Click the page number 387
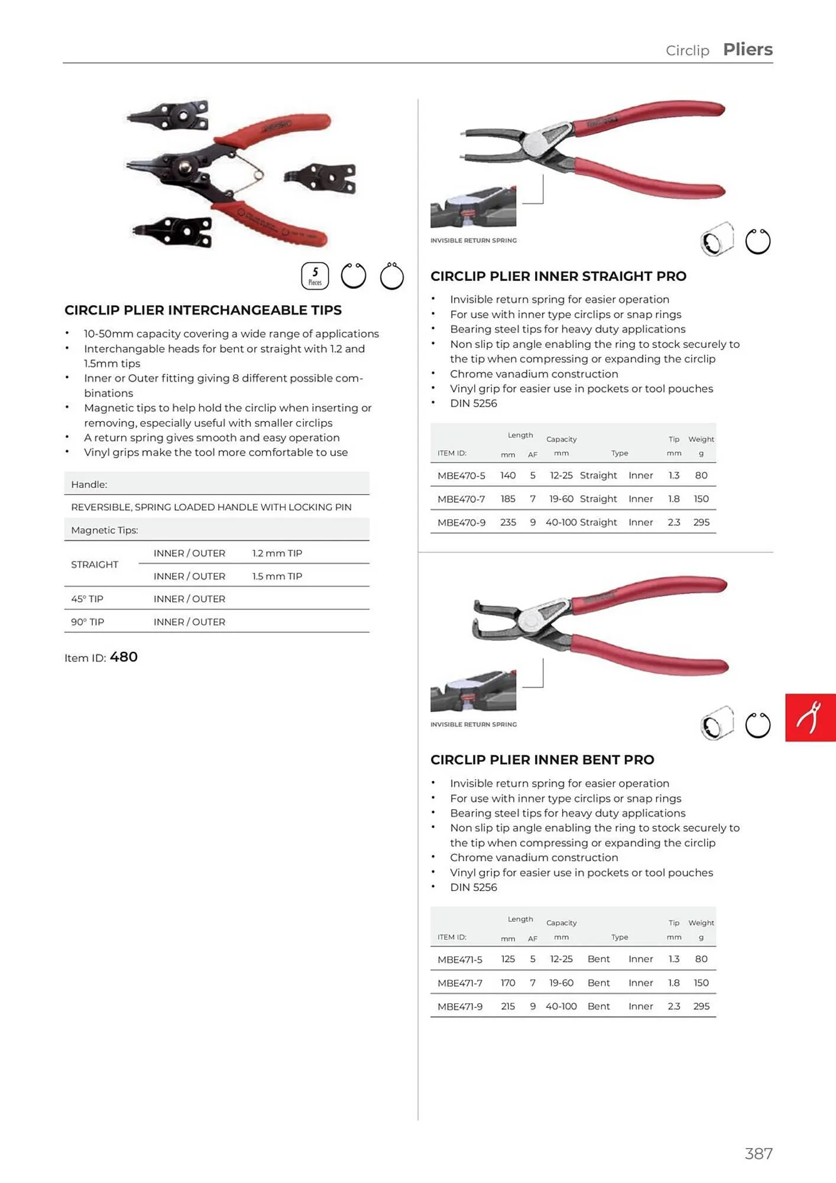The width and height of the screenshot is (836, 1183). [x=759, y=1153]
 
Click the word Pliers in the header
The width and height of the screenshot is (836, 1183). [x=747, y=49]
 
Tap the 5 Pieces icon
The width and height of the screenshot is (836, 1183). [x=315, y=276]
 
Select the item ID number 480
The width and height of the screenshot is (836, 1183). [x=124, y=657]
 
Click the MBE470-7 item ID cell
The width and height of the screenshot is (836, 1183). [x=461, y=499]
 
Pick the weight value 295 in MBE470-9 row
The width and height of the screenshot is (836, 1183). [x=701, y=522]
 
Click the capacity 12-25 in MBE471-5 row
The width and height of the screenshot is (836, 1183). [x=560, y=959]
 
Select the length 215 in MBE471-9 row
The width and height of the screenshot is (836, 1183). [x=508, y=1006]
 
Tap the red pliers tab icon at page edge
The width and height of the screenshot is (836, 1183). [x=810, y=717]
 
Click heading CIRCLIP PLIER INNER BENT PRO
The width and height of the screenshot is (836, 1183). [x=542, y=759]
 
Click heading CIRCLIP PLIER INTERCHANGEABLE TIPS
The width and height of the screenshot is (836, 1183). [x=203, y=310]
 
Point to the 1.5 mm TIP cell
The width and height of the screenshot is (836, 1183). [x=277, y=576]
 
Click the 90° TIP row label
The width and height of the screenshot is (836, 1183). [x=88, y=622]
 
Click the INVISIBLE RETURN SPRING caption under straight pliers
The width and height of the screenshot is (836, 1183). [x=473, y=240]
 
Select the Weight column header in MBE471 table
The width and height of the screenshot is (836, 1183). [x=701, y=923]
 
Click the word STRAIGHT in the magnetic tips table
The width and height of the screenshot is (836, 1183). [x=95, y=564]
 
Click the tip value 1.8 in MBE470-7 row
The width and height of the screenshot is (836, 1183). [x=673, y=499]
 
